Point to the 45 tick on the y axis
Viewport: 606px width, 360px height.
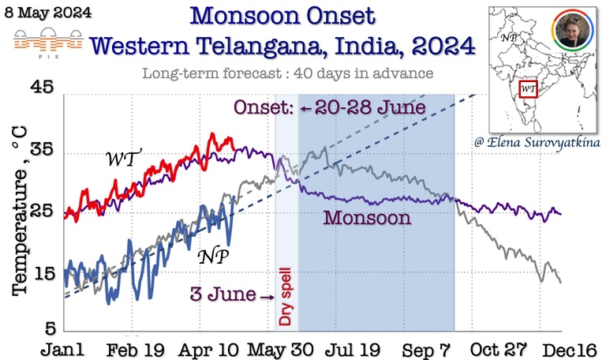coord(41,87)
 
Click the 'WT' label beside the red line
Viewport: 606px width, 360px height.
coord(123,159)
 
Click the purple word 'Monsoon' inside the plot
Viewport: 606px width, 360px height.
coord(368,218)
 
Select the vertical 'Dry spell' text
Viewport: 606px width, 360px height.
coord(286,297)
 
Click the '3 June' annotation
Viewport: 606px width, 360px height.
coord(223,295)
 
